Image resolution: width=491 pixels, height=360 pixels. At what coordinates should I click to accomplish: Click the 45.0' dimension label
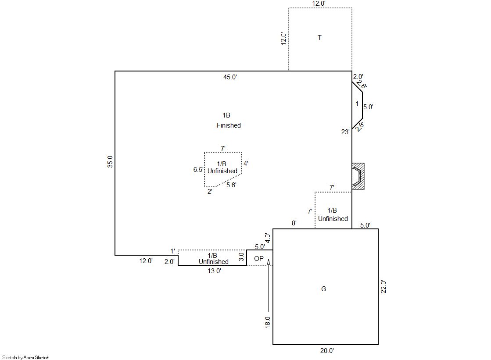pyautogui.click(x=230, y=77)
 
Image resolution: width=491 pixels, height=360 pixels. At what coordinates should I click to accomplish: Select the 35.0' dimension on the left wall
pyautogui.click(x=110, y=161)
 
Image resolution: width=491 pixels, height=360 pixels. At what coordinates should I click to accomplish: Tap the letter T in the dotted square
pyautogui.click(x=319, y=38)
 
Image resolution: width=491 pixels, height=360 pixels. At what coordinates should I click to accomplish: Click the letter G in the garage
pyautogui.click(x=323, y=289)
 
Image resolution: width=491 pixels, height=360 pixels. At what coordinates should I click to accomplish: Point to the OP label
pyautogui.click(x=259, y=259)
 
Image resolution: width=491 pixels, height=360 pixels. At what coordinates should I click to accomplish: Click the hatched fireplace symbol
pyautogui.click(x=358, y=176)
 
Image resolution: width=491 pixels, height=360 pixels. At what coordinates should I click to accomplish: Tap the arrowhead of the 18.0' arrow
pyautogui.click(x=269, y=262)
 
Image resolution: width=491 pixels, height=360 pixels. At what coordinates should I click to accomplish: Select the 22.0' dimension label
pyautogui.click(x=383, y=287)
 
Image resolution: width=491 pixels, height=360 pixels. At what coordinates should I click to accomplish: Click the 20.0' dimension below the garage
pyautogui.click(x=327, y=351)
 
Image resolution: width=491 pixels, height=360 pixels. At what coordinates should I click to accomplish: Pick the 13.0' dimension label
pyautogui.click(x=215, y=271)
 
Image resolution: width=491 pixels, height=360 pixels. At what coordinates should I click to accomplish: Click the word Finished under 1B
pyautogui.click(x=229, y=125)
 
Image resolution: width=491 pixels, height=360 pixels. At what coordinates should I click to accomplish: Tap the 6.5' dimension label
pyautogui.click(x=198, y=170)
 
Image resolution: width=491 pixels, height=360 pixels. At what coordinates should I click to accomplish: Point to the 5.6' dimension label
pyautogui.click(x=231, y=185)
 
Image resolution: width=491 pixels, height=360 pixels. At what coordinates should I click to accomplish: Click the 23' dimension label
pyautogui.click(x=345, y=132)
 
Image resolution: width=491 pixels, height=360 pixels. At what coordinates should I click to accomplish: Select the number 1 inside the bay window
pyautogui.click(x=357, y=103)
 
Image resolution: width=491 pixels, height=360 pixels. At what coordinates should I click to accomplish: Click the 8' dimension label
pyautogui.click(x=294, y=223)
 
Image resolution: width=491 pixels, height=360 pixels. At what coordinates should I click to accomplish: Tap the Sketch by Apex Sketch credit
pyautogui.click(x=26, y=357)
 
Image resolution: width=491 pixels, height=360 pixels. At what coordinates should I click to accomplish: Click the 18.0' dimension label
pyautogui.click(x=267, y=321)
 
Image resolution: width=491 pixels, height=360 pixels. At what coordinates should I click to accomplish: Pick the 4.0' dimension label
pyautogui.click(x=267, y=238)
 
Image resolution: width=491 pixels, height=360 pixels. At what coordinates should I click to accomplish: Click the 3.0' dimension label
pyautogui.click(x=241, y=257)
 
